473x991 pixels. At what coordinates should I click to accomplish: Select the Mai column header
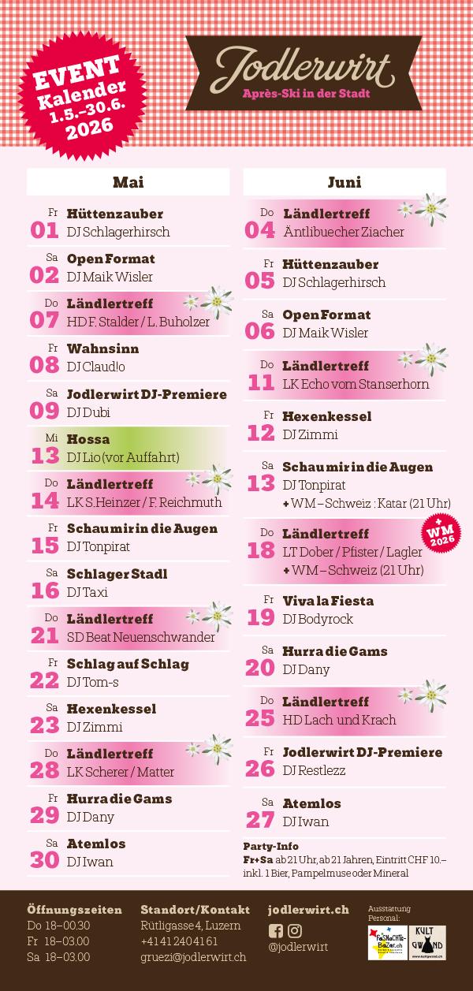pyautogui.click(x=128, y=182)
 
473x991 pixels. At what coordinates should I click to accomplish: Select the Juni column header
pyautogui.click(x=345, y=182)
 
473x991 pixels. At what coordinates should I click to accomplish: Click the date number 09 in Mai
pyautogui.click(x=45, y=410)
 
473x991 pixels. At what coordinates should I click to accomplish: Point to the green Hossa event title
pyautogui.click(x=88, y=439)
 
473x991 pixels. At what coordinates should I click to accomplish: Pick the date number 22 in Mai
pyautogui.click(x=45, y=680)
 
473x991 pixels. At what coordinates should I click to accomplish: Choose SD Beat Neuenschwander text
pyautogui.click(x=141, y=637)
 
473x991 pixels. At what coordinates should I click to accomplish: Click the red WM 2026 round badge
pyautogui.click(x=441, y=533)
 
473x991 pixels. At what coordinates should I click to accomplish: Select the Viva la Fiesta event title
pyautogui.click(x=328, y=601)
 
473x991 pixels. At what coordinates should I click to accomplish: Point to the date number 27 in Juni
pyautogui.click(x=260, y=819)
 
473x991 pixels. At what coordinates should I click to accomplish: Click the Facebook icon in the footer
pyautogui.click(x=276, y=931)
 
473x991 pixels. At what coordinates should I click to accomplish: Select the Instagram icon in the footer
pyautogui.click(x=295, y=931)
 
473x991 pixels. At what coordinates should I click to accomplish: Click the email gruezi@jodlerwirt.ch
pyautogui.click(x=193, y=957)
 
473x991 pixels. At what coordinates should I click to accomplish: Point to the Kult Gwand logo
pyautogui.click(x=427, y=943)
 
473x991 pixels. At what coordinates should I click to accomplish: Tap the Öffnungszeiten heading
pyautogui.click(x=74, y=910)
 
